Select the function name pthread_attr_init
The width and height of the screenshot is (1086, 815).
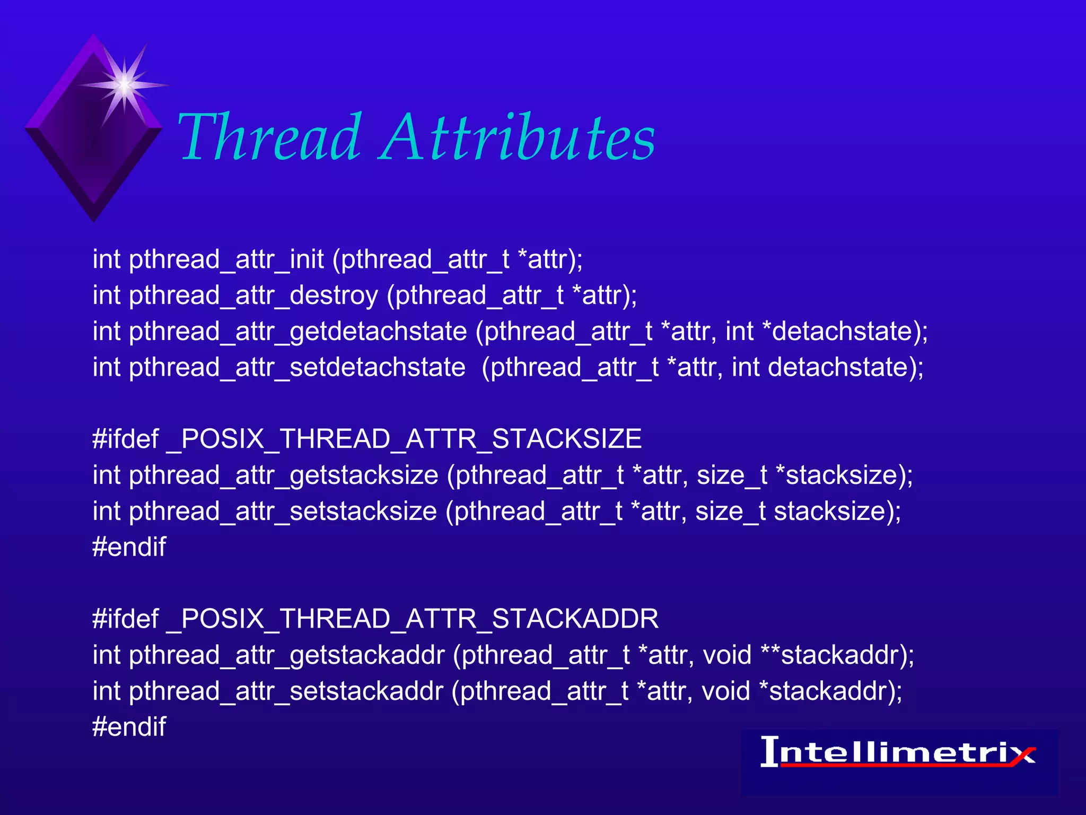click(226, 260)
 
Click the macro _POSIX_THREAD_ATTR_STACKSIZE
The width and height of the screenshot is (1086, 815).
click(404, 439)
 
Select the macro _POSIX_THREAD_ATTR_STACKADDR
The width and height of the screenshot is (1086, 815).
click(412, 619)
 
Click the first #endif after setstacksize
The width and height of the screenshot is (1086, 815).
click(129, 547)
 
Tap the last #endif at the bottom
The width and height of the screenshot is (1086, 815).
click(129, 727)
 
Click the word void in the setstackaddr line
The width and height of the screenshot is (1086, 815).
click(725, 691)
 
